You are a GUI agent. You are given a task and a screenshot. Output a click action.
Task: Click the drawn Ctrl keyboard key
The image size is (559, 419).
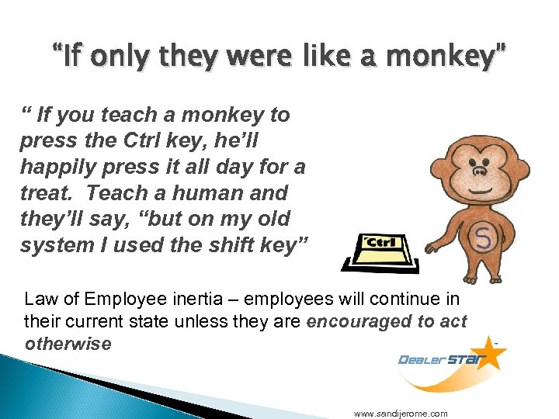click(383, 243)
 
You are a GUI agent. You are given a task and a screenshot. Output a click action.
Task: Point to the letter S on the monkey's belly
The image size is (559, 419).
click(482, 237)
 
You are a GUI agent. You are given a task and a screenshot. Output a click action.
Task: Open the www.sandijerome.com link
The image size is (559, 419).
click(401, 414)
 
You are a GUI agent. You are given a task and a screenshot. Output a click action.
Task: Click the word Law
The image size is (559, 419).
click(40, 299)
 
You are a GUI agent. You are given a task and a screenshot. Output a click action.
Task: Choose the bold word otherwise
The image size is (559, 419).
click(68, 343)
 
